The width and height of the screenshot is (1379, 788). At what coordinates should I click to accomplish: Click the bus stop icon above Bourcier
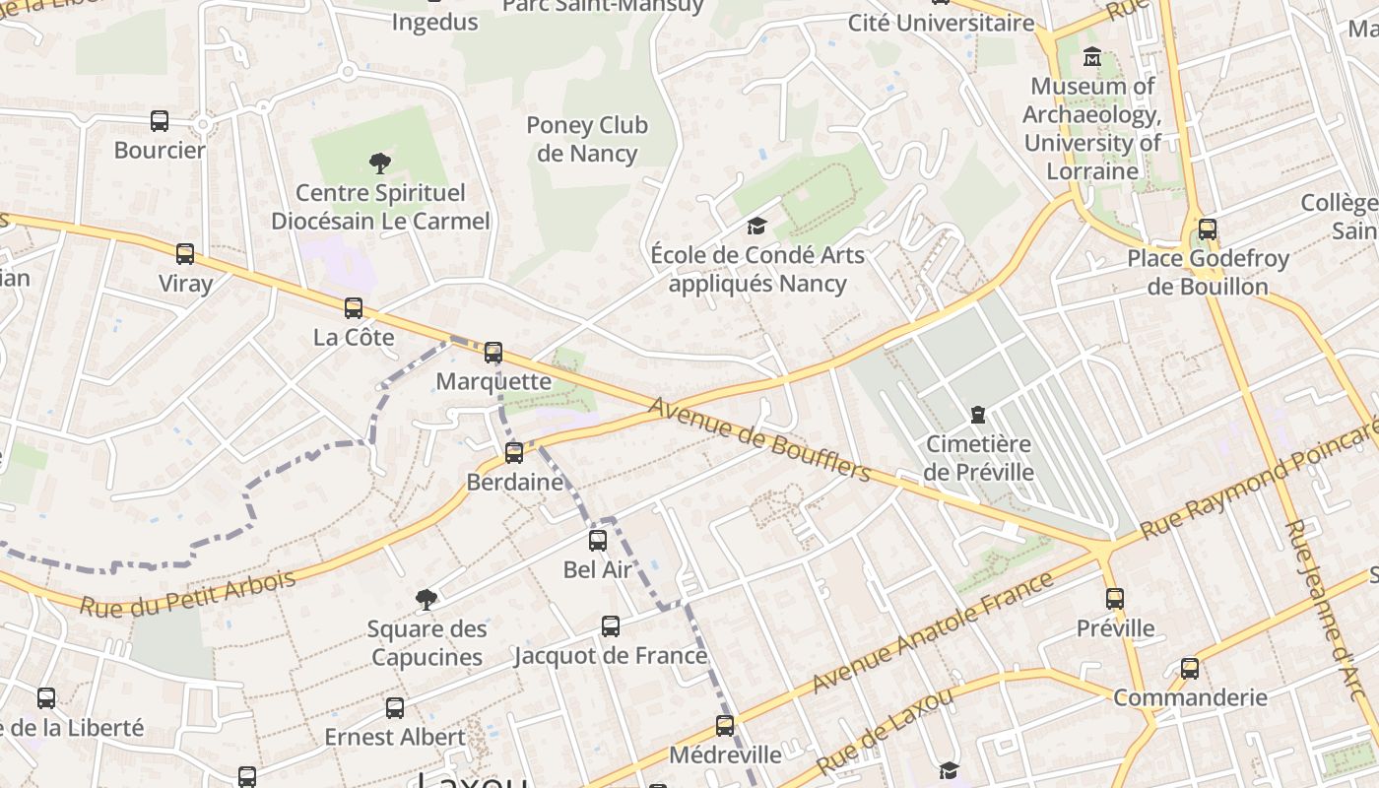tap(160, 121)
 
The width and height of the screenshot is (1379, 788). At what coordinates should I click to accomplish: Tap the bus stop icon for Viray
tap(185, 254)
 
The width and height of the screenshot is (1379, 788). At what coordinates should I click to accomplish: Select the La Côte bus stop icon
tap(354, 308)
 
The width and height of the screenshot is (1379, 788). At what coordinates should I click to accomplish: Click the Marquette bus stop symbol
tap(493, 352)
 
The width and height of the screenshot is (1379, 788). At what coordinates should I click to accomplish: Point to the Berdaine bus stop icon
tap(514, 453)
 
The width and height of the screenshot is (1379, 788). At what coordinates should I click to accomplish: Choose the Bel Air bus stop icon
tap(598, 540)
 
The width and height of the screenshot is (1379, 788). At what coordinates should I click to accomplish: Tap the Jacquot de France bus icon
tap(611, 626)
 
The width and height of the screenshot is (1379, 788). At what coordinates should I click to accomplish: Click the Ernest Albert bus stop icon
tap(395, 707)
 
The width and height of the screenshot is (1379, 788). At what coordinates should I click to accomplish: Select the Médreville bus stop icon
tap(725, 726)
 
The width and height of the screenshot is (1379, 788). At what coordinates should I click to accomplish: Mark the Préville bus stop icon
tap(1115, 599)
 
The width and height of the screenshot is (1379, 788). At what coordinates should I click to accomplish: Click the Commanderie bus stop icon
tap(1190, 669)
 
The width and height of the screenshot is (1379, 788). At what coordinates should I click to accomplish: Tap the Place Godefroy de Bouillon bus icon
tap(1208, 230)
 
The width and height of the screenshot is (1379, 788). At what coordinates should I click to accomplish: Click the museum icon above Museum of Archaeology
tap(1092, 57)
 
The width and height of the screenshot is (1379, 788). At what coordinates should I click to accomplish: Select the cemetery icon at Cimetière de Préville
tap(978, 415)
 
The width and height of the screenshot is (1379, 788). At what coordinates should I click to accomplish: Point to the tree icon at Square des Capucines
tap(427, 599)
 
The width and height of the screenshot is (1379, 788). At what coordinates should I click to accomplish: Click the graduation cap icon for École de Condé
tap(755, 226)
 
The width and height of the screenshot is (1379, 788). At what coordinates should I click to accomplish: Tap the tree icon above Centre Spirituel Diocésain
tap(380, 164)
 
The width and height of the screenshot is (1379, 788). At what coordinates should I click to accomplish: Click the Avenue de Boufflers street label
tap(759, 439)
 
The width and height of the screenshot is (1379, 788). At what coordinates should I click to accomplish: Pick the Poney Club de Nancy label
tap(587, 139)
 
